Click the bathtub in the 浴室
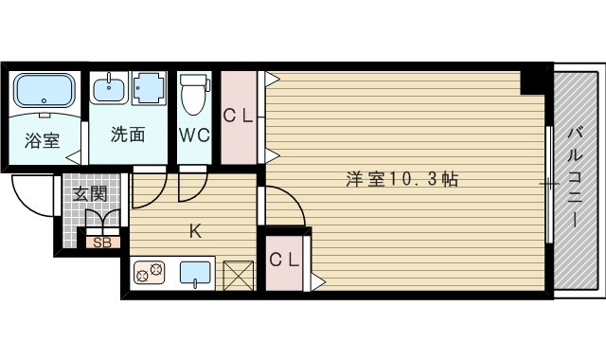click(x=45, y=91)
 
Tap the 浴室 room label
click(x=42, y=141)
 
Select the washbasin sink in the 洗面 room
click(x=109, y=87)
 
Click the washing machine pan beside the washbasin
click(x=149, y=88)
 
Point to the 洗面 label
click(x=128, y=135)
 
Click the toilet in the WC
click(x=194, y=94)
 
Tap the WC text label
click(x=194, y=135)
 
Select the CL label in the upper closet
click(x=238, y=116)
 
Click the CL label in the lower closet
click(x=284, y=260)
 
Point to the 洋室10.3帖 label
click(x=401, y=179)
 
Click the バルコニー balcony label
click(x=576, y=178)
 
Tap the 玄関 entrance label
click(x=90, y=193)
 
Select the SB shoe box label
click(x=102, y=243)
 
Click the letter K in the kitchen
click(x=195, y=231)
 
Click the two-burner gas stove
click(x=150, y=272)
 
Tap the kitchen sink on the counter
click(x=195, y=274)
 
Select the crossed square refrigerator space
click(x=239, y=276)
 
